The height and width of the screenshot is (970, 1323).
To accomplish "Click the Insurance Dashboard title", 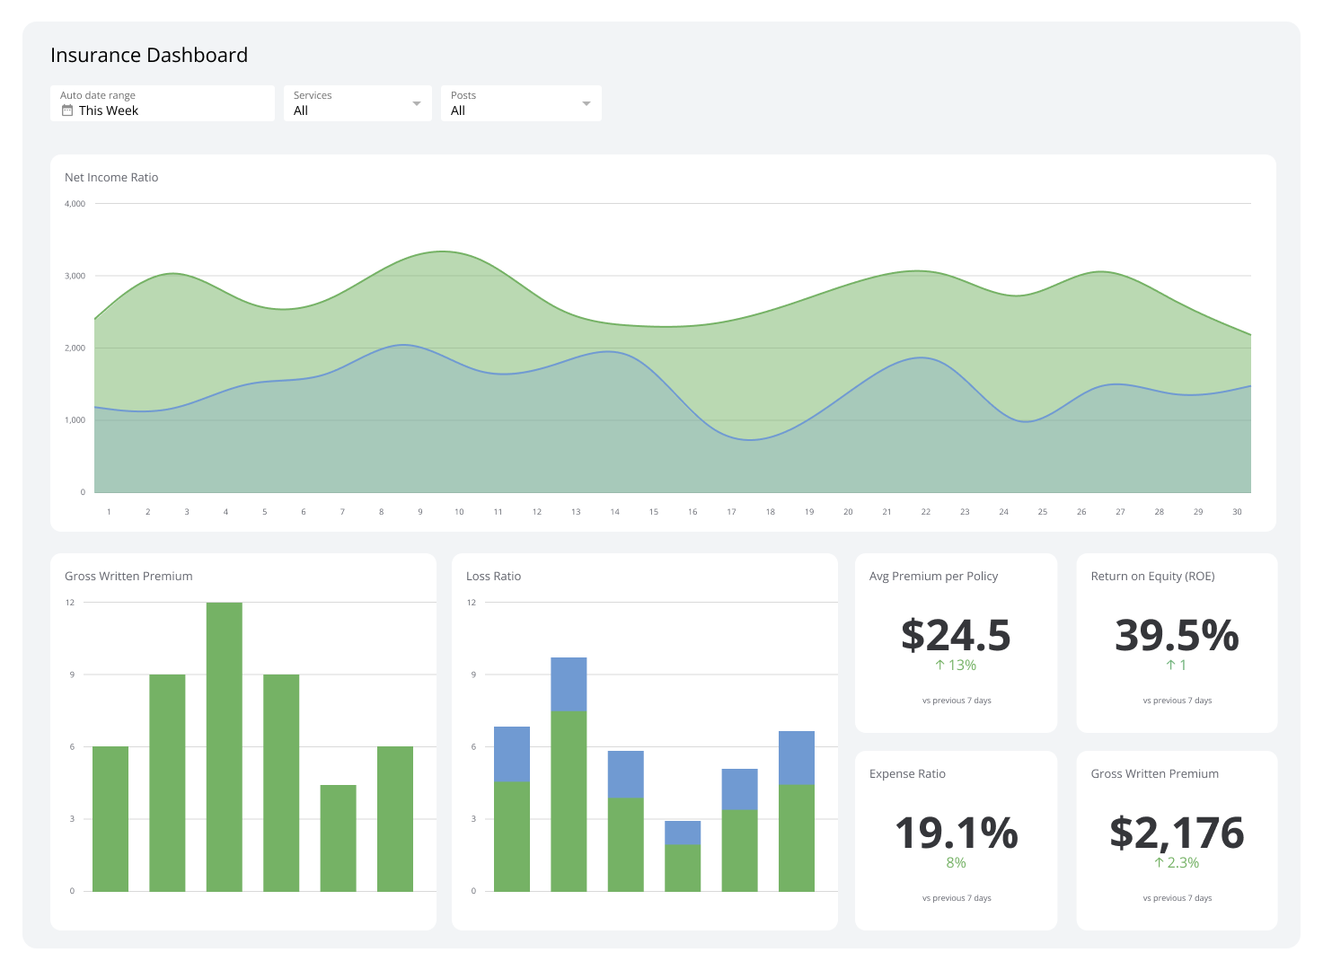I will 149,55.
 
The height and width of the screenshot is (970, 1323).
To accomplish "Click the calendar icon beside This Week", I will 66,110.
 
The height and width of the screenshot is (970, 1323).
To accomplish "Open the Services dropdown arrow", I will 417,103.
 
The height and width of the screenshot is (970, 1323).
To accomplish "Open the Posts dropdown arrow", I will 587,103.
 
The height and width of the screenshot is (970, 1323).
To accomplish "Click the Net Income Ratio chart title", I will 111,178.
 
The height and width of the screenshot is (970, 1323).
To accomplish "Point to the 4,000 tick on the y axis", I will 75,204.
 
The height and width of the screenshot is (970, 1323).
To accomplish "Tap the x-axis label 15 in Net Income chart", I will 654,512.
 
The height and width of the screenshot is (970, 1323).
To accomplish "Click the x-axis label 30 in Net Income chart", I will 1237,512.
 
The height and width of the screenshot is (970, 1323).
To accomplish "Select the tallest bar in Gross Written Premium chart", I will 225,745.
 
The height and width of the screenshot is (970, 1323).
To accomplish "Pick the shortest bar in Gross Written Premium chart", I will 338,837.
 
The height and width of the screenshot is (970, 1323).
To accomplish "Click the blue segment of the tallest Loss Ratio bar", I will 569,683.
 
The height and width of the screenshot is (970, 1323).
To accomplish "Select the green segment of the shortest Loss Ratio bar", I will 683,868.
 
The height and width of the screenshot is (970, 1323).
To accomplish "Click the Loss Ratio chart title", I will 493,577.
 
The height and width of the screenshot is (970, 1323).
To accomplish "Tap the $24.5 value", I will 956,635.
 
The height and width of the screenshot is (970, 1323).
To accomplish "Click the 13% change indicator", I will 956,666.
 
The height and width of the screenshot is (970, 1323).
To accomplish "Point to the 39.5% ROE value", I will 1177,635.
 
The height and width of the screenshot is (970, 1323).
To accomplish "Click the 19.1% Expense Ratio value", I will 956,833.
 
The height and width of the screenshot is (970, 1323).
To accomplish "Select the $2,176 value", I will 1177,833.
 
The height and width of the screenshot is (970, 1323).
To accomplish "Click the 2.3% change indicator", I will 1177,863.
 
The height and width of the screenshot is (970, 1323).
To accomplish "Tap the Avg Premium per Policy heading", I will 933,577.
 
